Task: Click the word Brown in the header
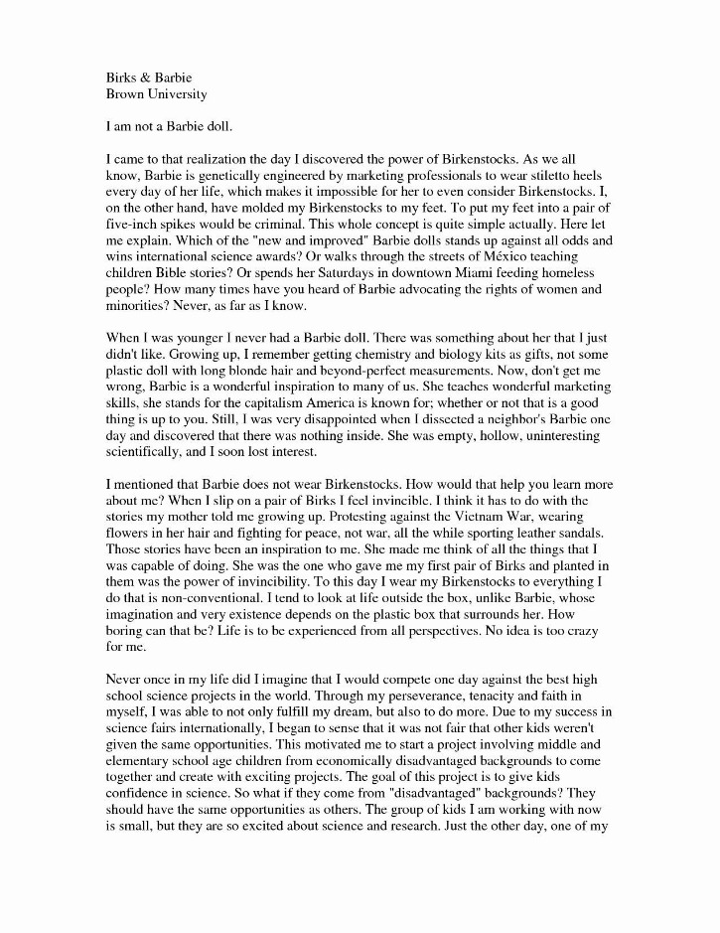126,94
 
